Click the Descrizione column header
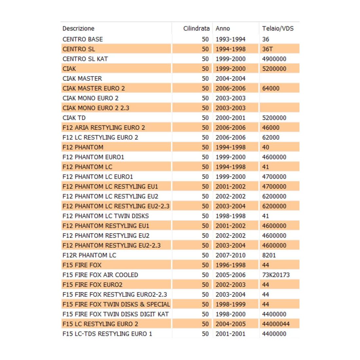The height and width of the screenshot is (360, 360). coord(79,28)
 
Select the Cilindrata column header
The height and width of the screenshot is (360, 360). coord(196,28)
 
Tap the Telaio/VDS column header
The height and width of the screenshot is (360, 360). coord(278,28)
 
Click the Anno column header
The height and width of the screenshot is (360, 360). coord(223,28)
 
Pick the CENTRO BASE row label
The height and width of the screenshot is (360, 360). coord(82,39)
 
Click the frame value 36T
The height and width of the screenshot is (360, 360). coord(267,49)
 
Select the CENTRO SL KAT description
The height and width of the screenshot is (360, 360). coord(85,59)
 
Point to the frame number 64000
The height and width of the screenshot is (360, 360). coord(271,88)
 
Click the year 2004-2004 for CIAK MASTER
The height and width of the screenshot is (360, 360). coord(230,79)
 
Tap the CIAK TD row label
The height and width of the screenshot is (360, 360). coord(74,118)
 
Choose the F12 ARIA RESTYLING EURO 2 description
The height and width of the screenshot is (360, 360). coord(104,128)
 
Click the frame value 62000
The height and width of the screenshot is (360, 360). coord(271,137)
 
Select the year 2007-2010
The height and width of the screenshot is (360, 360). coord(230,255)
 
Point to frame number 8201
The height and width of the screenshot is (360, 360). coord(269,255)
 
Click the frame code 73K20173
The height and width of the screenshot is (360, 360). coord(276,275)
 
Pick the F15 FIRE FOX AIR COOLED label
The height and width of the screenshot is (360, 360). coord(100,275)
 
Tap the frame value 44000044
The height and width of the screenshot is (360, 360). coord(276,324)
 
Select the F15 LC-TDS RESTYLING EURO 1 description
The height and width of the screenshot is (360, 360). coord(107,334)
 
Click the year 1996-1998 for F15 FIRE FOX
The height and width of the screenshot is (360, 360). coord(230,265)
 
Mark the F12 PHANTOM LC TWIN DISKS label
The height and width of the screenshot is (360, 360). coord(106,216)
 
